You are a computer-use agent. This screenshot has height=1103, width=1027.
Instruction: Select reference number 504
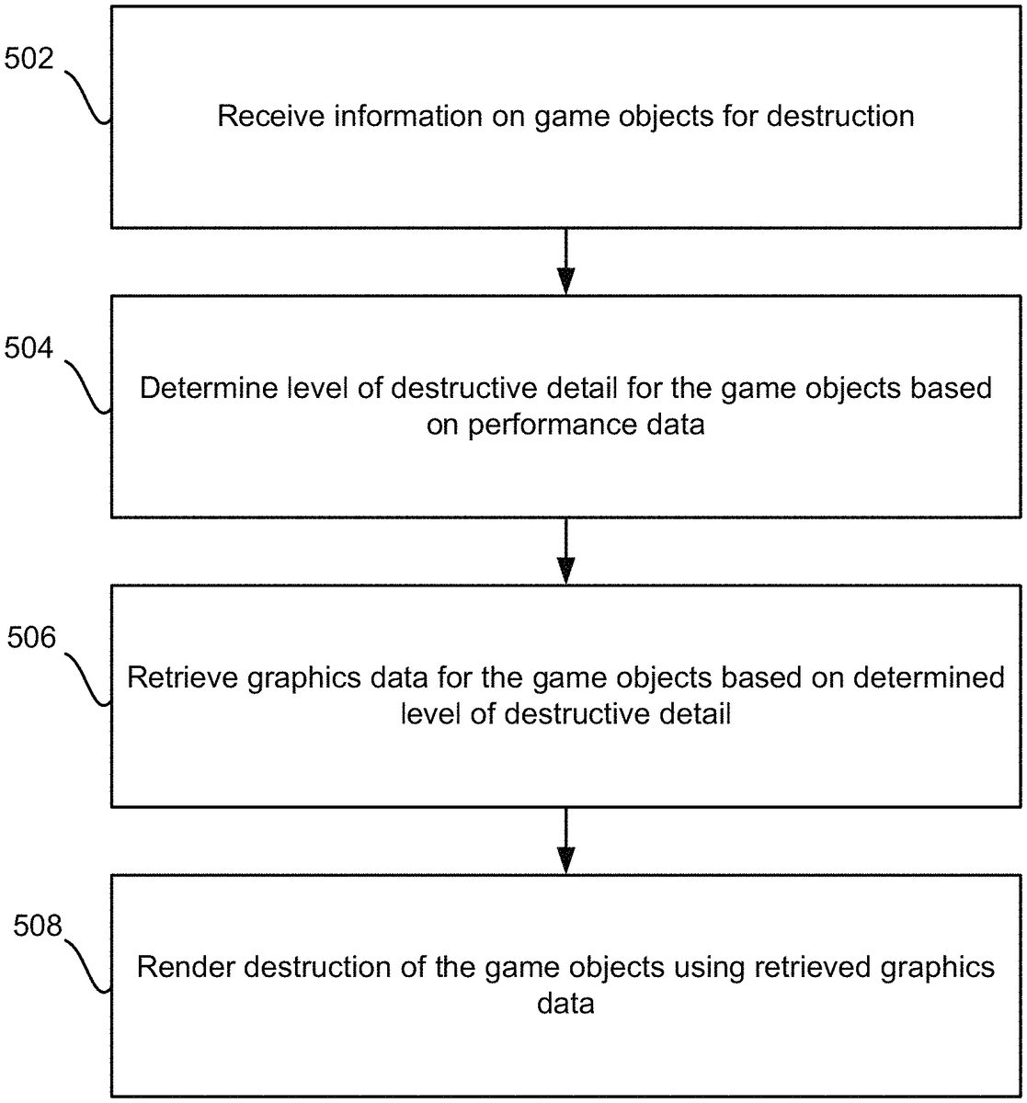tap(29, 348)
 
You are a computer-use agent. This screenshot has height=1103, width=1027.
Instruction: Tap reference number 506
tap(34, 639)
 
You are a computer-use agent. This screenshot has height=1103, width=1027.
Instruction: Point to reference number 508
tap(37, 927)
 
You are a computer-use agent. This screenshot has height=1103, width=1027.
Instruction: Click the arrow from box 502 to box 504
tap(566, 261)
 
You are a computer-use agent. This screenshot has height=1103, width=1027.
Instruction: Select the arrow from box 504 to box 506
tap(566, 551)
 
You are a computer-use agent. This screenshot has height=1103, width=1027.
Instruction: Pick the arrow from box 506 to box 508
tap(566, 840)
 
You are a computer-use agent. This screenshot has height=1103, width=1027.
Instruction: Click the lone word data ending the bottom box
tap(565, 1004)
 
